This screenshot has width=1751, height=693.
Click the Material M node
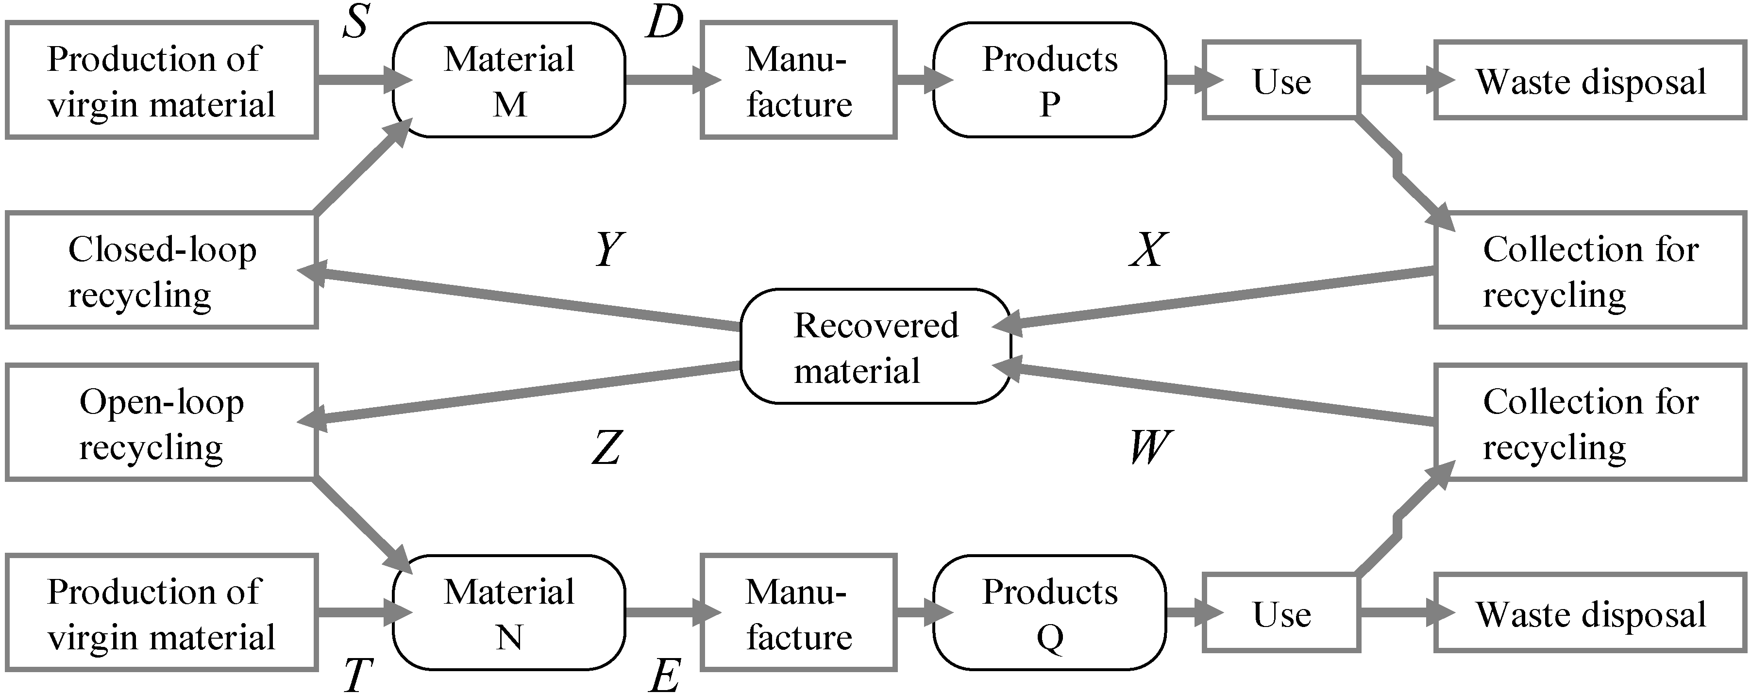[508, 80]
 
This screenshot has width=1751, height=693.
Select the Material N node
[508, 613]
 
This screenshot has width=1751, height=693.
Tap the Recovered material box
[875, 347]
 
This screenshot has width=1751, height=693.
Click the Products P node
[1049, 80]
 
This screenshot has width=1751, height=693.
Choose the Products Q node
[1049, 613]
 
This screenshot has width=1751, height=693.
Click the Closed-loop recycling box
[162, 270]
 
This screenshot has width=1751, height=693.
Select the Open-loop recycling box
[162, 423]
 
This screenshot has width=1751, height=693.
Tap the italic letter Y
[608, 249]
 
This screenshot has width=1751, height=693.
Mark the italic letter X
[1149, 249]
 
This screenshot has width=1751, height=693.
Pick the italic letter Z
[606, 448]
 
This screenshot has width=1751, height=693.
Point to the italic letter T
[357, 676]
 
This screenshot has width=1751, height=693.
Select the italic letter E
[664, 676]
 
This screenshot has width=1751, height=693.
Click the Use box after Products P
[1281, 80]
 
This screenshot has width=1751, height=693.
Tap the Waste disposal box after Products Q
[1591, 613]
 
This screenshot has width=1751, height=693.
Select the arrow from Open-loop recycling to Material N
[360, 523]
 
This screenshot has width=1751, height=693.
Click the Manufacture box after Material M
[799, 80]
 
